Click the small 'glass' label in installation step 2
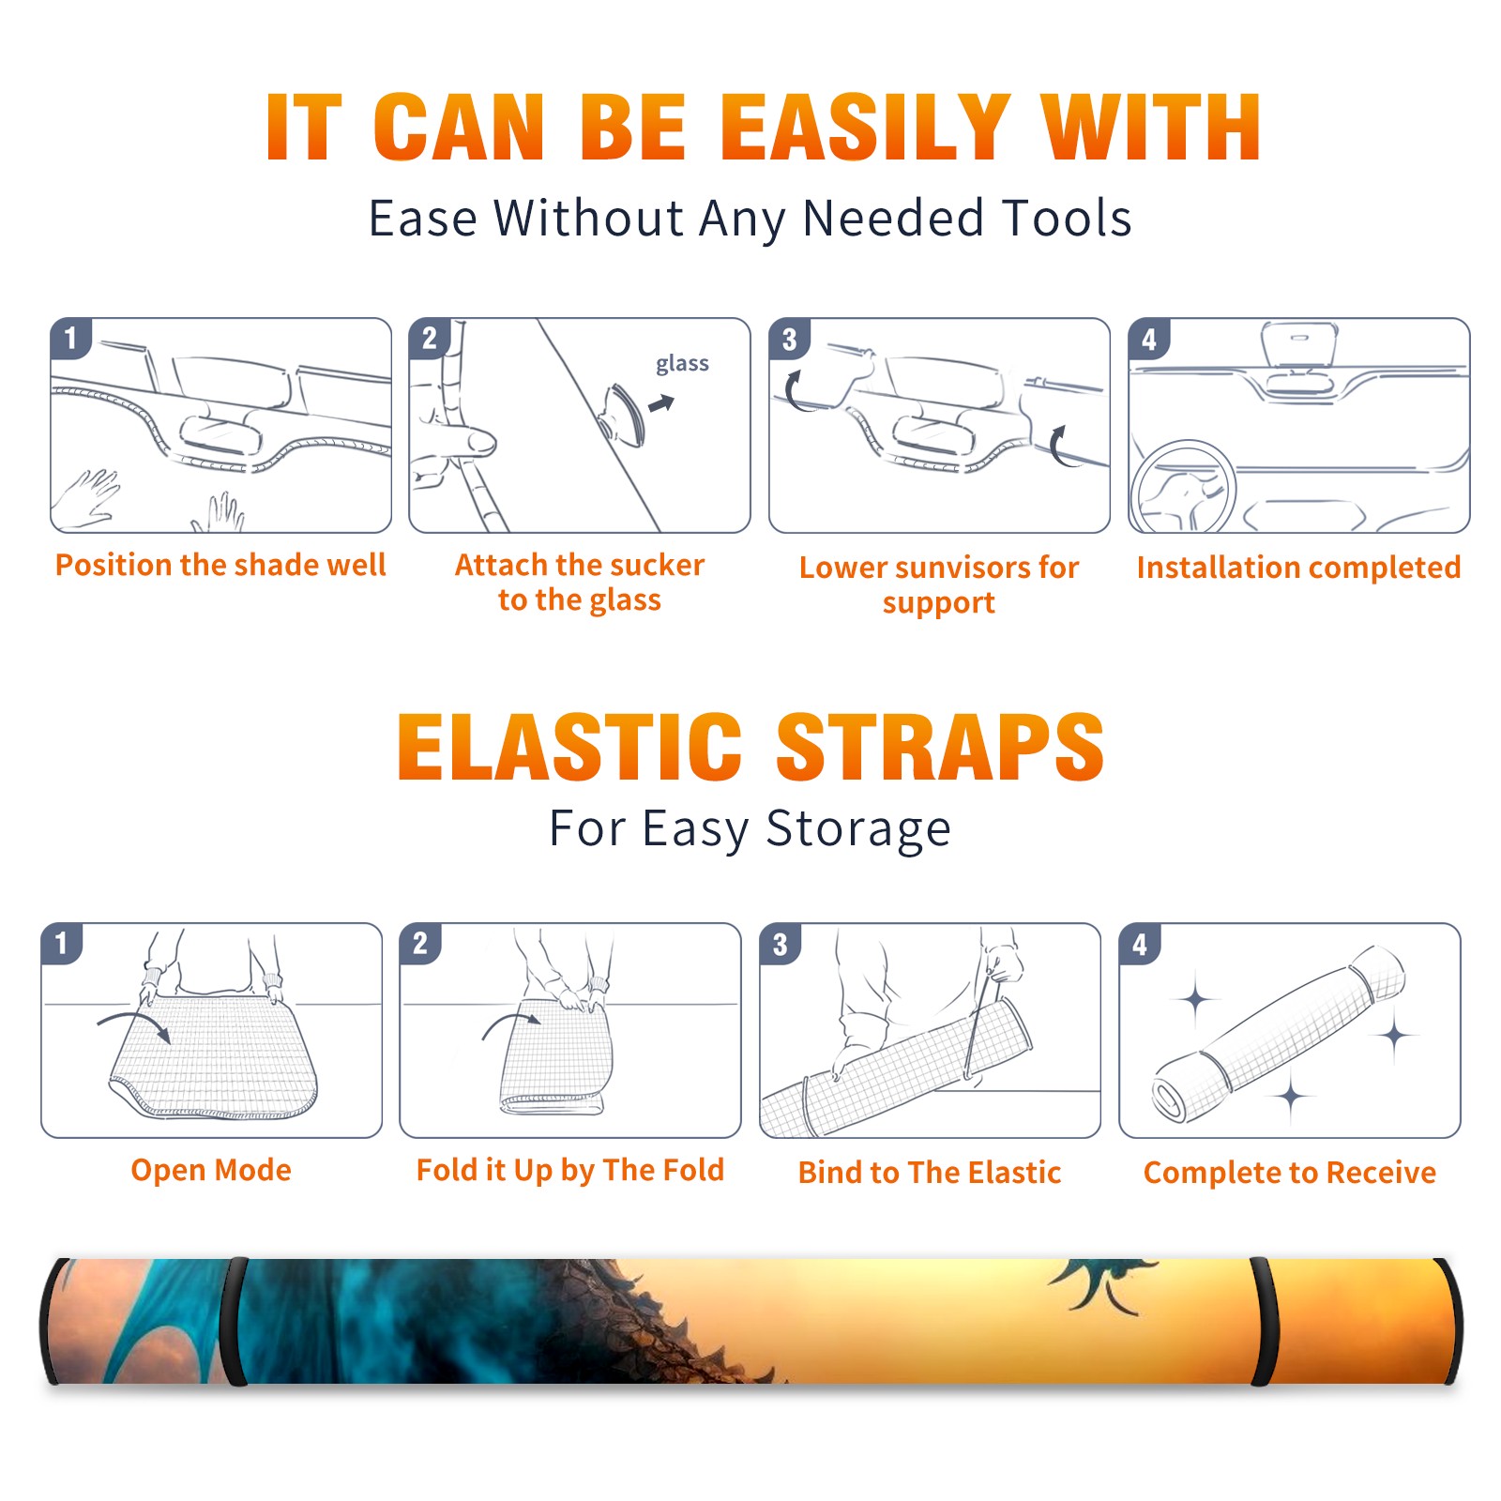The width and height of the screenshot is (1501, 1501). click(x=682, y=364)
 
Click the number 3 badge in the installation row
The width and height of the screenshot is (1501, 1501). click(x=789, y=340)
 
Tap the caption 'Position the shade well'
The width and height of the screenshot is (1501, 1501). click(x=220, y=565)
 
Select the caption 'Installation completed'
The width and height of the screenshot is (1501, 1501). click(x=1298, y=568)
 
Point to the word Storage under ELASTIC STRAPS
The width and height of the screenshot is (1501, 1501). click(x=858, y=829)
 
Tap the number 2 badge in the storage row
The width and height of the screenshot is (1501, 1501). click(x=420, y=944)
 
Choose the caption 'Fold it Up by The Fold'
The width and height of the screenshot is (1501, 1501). click(x=569, y=1171)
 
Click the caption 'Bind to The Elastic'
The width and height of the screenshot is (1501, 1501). click(x=929, y=1173)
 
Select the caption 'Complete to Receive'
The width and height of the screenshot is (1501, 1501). click(x=1289, y=1173)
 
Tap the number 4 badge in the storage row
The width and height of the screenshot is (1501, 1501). click(x=1140, y=944)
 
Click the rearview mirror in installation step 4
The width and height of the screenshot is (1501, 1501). click(x=1299, y=344)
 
